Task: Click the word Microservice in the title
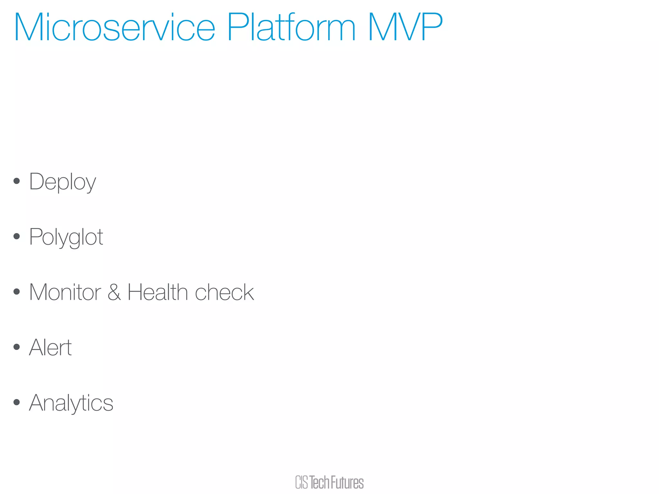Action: [115, 28]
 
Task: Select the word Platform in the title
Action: [292, 28]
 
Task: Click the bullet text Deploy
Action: [62, 182]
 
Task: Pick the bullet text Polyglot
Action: [66, 237]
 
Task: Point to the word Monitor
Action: [65, 292]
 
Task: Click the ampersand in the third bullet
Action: [114, 292]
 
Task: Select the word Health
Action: [157, 292]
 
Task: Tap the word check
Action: [224, 292]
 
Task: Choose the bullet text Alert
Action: [50, 348]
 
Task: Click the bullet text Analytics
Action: [71, 403]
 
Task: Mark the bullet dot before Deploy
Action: [17, 181]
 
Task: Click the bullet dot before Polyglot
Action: [17, 236]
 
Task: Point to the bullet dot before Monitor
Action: [17, 292]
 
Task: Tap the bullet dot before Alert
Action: [17, 347]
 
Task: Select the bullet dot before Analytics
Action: [17, 402]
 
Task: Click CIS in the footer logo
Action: [302, 482]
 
